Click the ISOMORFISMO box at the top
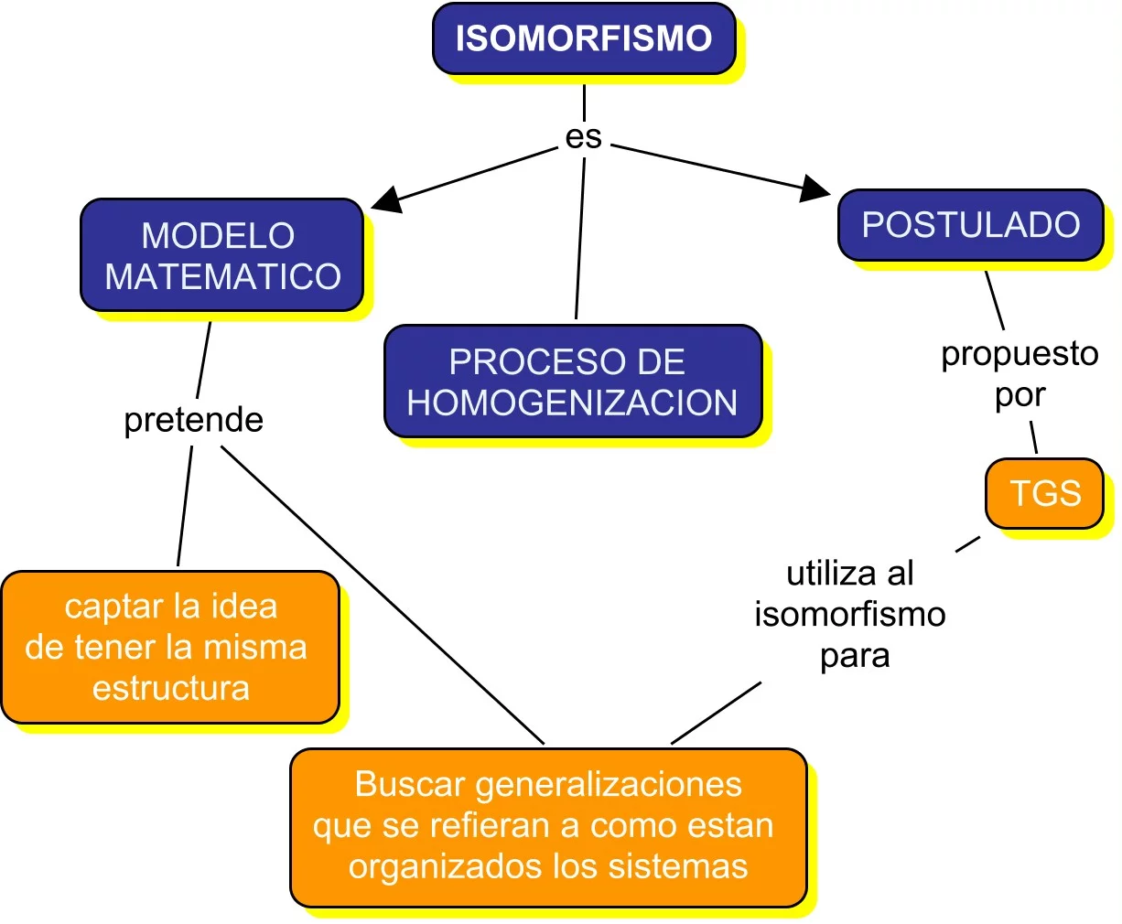point(584,38)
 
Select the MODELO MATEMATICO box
point(222,255)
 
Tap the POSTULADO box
point(970,225)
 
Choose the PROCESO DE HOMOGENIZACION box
point(573,381)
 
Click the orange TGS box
point(1044,493)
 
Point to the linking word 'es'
point(584,137)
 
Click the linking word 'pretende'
point(194,420)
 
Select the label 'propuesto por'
point(1020,373)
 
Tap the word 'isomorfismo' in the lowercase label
point(850,614)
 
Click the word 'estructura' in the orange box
point(171,688)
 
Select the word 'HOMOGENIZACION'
point(573,403)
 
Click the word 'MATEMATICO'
point(223,276)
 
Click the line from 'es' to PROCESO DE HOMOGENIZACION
point(580,238)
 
